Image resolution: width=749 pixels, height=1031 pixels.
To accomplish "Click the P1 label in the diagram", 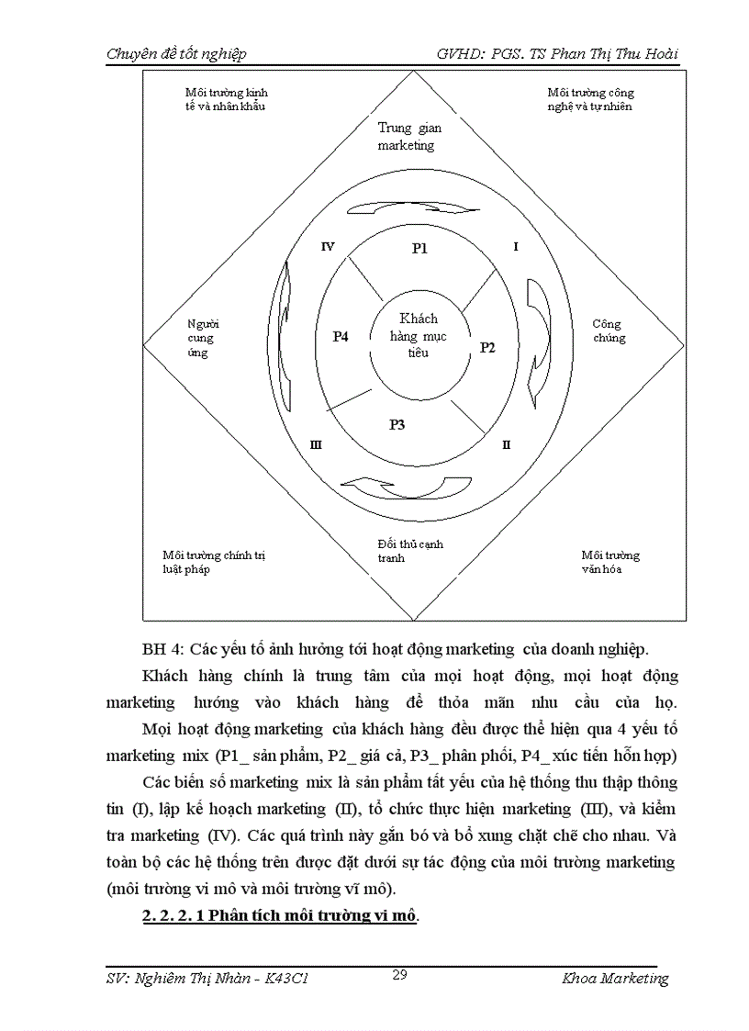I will click(419, 248).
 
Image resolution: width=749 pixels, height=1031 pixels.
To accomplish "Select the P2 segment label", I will click(487, 348).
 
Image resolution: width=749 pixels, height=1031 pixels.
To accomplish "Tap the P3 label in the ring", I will click(397, 424).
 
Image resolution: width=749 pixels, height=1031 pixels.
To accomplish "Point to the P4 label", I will click(341, 337).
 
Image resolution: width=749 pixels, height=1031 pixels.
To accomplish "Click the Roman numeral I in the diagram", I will click(516, 247).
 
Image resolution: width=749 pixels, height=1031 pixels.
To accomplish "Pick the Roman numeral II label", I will click(506, 444).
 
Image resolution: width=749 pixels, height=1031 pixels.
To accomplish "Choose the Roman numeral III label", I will click(316, 444).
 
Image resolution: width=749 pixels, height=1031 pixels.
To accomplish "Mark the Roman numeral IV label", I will click(328, 247).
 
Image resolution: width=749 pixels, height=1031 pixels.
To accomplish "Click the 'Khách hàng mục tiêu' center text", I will click(419, 335).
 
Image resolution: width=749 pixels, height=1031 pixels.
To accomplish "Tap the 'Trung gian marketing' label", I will click(408, 136).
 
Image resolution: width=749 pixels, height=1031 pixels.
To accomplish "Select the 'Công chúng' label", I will click(609, 331).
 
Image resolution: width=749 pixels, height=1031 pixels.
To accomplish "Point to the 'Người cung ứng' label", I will click(202, 338).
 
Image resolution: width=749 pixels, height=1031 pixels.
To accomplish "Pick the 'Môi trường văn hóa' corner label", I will click(610, 562).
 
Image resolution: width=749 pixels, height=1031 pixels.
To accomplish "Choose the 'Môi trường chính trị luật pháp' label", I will click(213, 562).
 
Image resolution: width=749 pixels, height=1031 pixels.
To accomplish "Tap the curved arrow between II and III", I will click(405, 487).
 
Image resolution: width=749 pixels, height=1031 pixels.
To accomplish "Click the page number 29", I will click(399, 974).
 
